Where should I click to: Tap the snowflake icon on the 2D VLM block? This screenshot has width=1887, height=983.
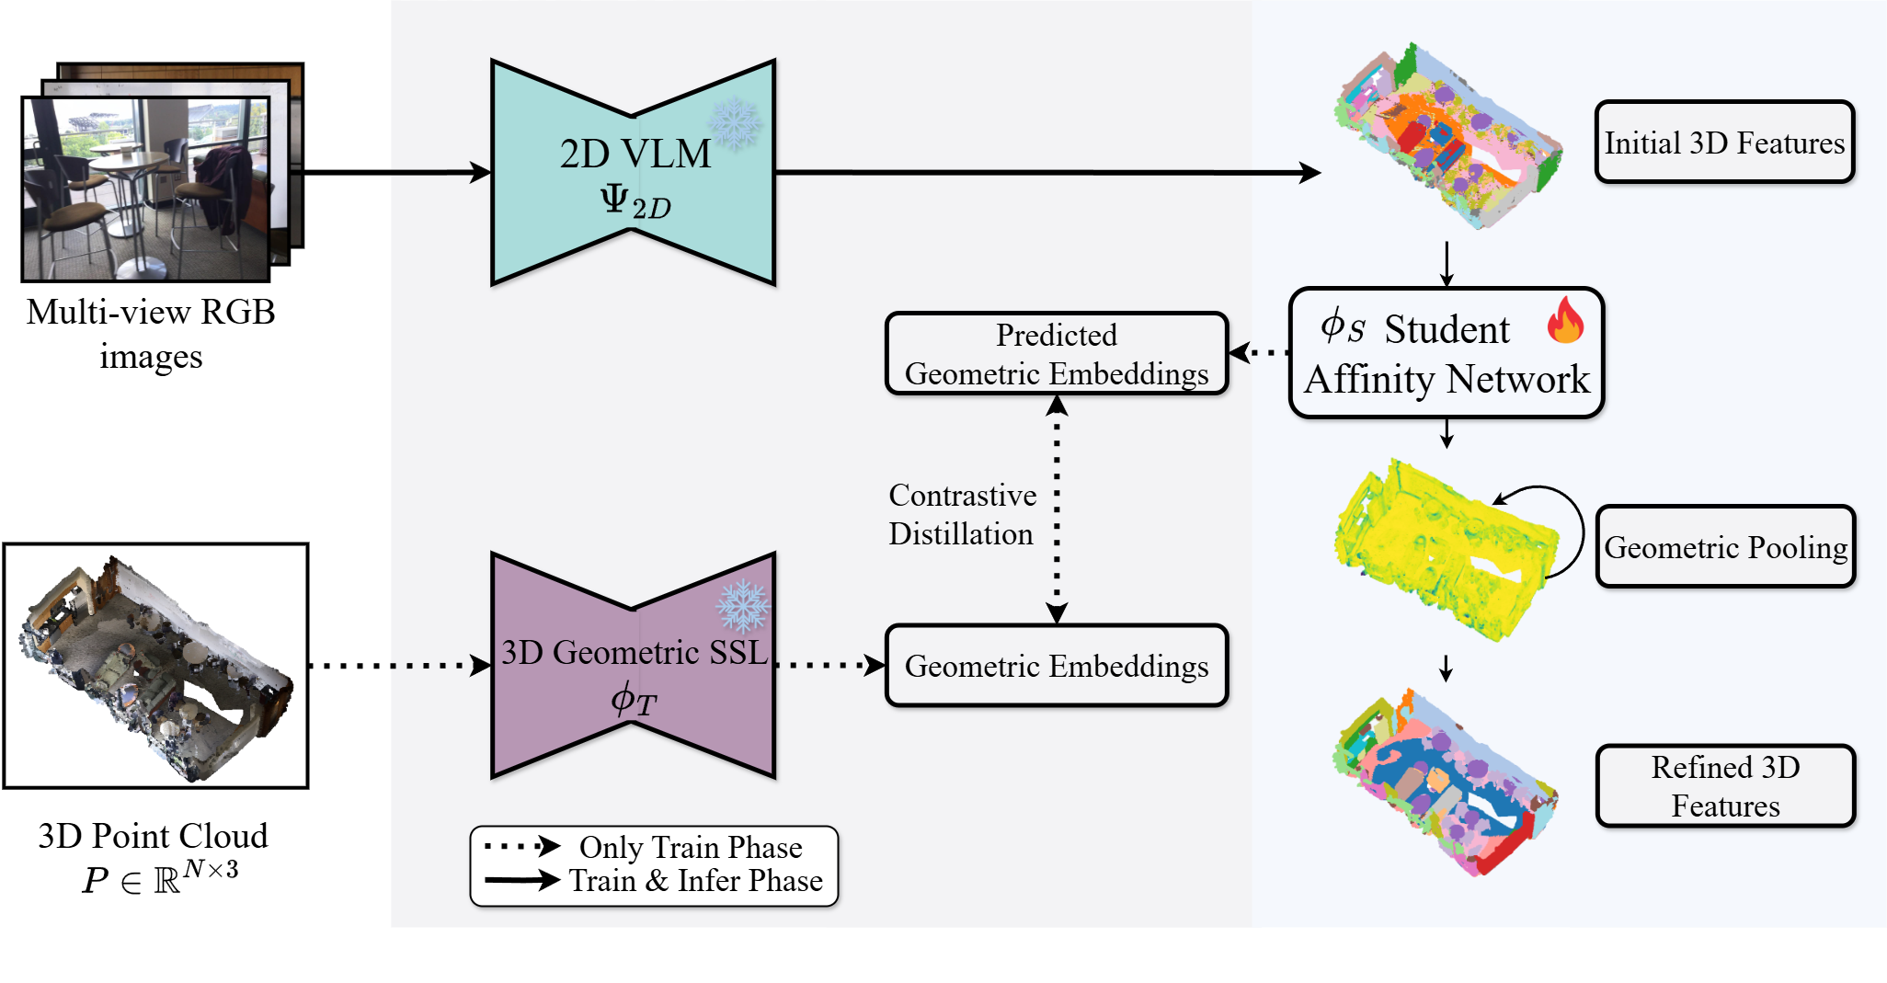(735, 123)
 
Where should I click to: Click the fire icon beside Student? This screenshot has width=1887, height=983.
(1565, 320)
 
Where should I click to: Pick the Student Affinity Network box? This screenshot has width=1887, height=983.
(1446, 354)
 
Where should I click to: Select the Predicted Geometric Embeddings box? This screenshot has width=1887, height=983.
(1057, 354)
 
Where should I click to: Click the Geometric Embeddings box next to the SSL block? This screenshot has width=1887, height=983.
(1057, 666)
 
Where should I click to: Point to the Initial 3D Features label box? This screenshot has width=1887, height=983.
(1724, 143)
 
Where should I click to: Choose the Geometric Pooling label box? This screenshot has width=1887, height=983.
(1725, 547)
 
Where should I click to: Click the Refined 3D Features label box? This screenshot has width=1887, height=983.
(1725, 786)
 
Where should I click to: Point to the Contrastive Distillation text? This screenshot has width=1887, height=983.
(962, 515)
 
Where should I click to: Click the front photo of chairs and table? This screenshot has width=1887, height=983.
(145, 189)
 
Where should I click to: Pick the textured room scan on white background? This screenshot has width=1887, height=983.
(156, 666)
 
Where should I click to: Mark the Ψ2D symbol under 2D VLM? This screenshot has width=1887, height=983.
(635, 202)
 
